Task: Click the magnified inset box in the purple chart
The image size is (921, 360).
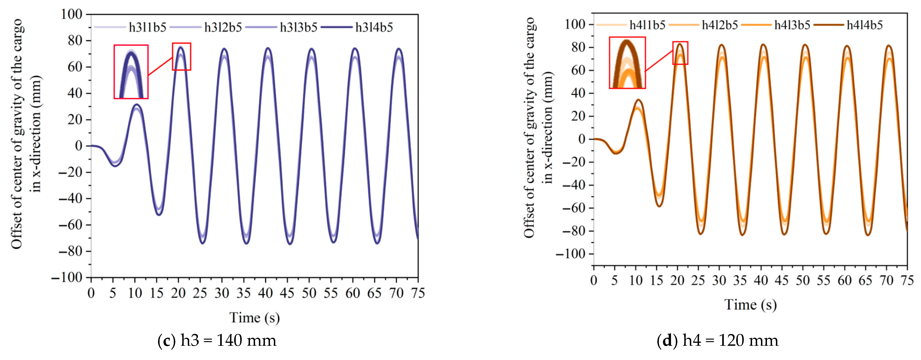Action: coord(131,71)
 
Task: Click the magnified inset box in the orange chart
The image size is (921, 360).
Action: coord(627,62)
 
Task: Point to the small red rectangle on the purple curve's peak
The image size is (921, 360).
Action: coord(181,56)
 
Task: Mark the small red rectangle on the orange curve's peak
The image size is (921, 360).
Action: coord(680,53)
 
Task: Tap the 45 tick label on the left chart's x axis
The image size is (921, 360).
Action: coord(287,293)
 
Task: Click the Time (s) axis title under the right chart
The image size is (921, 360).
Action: coord(750,305)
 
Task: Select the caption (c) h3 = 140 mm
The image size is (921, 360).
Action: coord(217,341)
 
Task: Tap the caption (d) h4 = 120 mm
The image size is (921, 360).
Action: coord(718,341)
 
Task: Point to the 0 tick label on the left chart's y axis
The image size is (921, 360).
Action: coord(79,146)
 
